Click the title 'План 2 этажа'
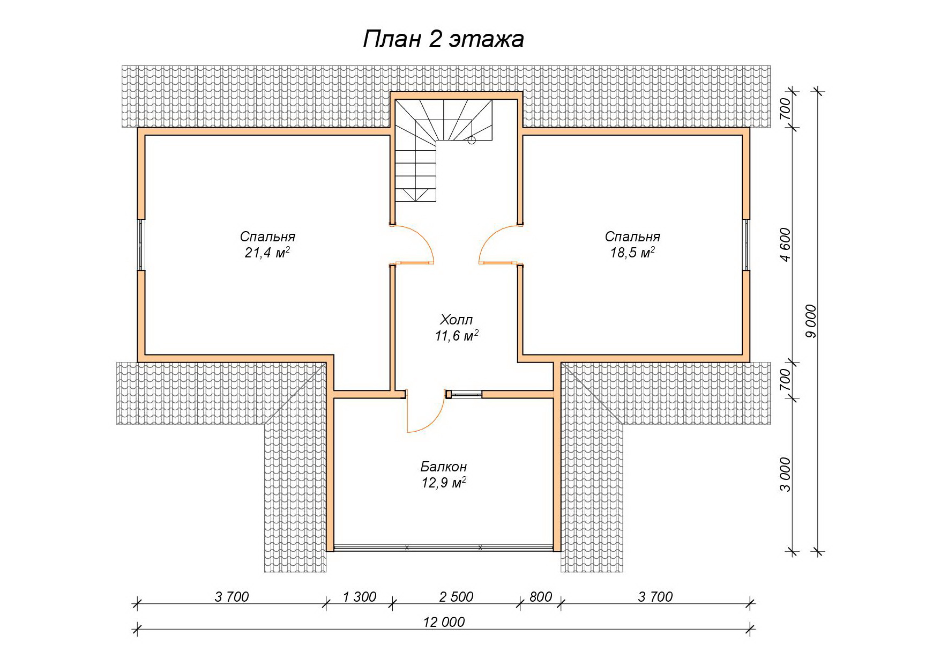coord(443,40)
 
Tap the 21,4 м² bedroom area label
coord(267,245)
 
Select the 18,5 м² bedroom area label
coord(632,245)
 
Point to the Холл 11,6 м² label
coord(457,328)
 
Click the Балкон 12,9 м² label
coord(444,475)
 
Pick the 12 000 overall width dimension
coord(444,622)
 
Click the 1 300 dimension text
coord(359,596)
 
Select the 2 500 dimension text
coord(456,596)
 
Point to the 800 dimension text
coord(540,596)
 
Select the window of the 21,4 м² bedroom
coord(141,245)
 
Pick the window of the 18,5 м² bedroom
coord(746,245)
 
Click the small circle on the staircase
coord(472,141)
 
